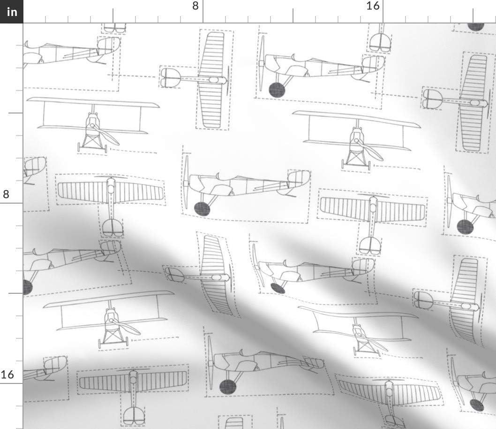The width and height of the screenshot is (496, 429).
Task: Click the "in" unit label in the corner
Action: coord(11,11)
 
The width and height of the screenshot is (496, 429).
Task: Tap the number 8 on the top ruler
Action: coord(195,6)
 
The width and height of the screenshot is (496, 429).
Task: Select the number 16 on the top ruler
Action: coord(373,6)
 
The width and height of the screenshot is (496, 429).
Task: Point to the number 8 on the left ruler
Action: coord(6,194)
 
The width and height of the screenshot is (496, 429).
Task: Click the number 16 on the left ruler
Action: coord(8,375)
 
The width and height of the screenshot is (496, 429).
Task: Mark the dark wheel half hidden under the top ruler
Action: coord(475,26)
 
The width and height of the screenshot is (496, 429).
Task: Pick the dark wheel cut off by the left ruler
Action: coord(27,287)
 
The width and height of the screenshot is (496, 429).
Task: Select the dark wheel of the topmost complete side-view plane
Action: coord(277,90)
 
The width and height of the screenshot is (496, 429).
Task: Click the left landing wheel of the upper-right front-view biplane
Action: coord(343,164)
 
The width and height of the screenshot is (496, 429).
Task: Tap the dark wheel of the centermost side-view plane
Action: coord(202,208)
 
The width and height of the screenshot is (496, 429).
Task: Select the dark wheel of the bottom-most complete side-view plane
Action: coord(228,385)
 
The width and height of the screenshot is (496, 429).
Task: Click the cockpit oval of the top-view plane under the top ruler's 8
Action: coord(213,80)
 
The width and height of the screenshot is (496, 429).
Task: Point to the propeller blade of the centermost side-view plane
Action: coord(186,183)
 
